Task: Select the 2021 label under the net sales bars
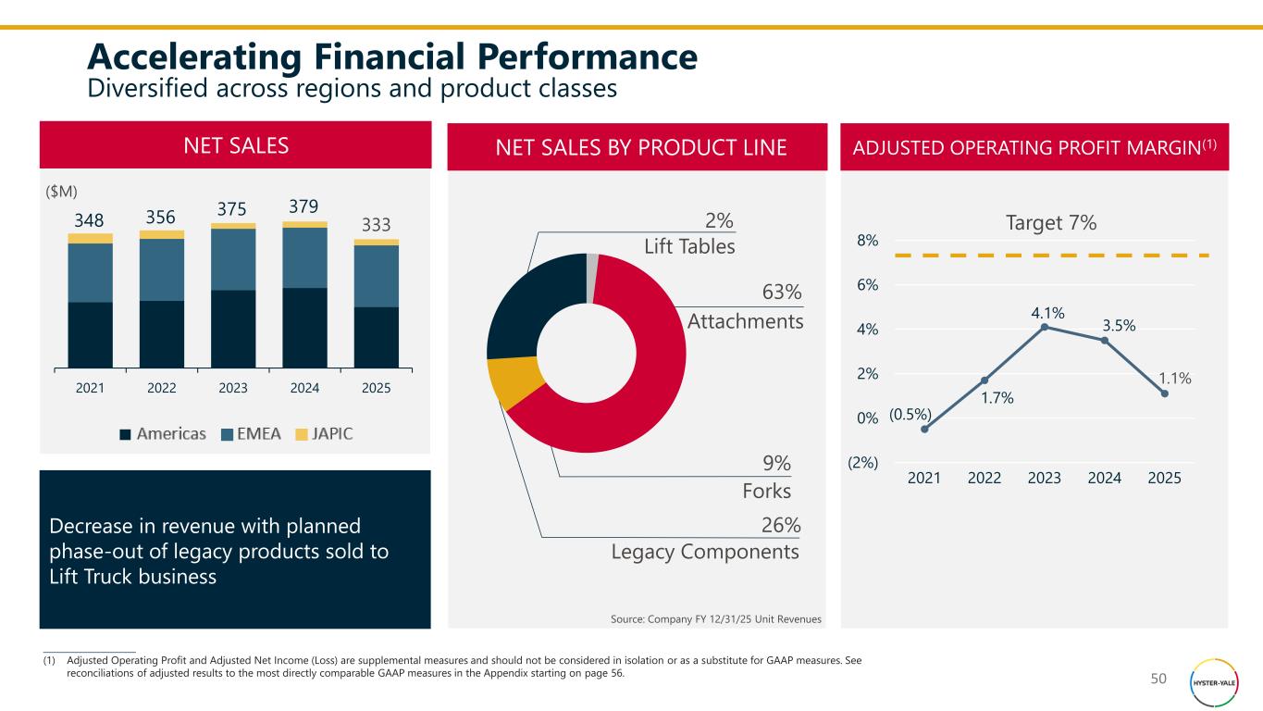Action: [x=90, y=388]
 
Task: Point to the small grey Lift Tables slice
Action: [x=592, y=266]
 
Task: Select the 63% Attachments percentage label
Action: [x=781, y=293]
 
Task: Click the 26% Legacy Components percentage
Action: [x=780, y=525]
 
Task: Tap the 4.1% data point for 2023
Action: [x=1044, y=327]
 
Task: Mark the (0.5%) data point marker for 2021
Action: [x=924, y=429]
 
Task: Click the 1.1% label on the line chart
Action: [x=1175, y=378]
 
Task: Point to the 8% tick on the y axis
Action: [x=867, y=241]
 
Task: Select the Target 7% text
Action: [x=1050, y=222]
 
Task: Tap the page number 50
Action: [x=1158, y=680]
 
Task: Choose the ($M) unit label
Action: [x=62, y=190]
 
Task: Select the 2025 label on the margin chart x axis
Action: [x=1164, y=478]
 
